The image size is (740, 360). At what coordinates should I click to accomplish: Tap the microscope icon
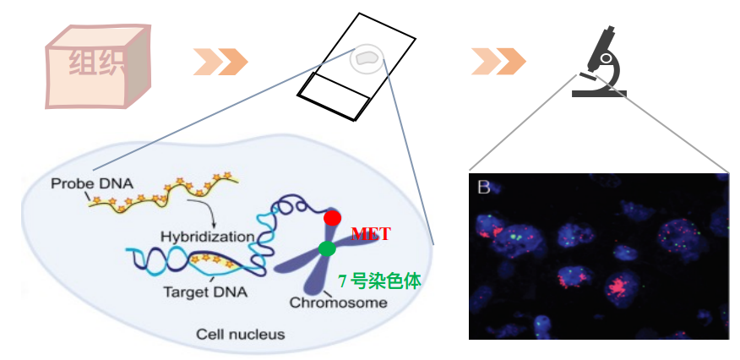coord(601,63)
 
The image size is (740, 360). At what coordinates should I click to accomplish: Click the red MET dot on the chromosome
coord(332,217)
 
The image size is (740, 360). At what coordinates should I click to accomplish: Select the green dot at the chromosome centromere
coord(327,248)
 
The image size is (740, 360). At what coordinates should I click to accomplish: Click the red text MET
coord(370,234)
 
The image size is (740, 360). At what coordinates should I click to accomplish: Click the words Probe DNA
coord(84,183)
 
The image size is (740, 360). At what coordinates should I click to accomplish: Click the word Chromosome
coord(338,303)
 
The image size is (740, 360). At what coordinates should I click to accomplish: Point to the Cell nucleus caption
coord(240,334)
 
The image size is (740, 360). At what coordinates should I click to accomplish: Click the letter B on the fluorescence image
coord(483,188)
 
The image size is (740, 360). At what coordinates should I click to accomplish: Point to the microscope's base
coord(599,91)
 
